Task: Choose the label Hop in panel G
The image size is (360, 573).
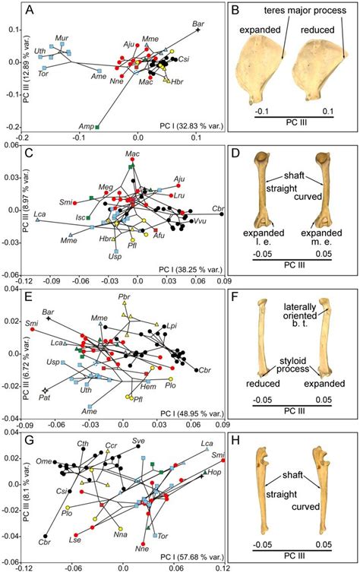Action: point(216,472)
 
